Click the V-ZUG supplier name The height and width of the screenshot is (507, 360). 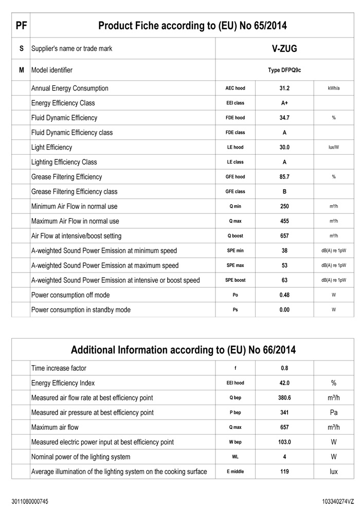point(284,49)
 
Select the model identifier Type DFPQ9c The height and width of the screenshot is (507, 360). point(284,70)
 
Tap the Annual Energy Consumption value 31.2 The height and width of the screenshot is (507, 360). point(284,88)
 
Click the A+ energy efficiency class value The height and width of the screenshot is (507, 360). point(284,103)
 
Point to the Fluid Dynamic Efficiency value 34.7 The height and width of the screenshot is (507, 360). point(284,118)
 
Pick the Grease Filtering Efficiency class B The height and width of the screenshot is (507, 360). point(284,192)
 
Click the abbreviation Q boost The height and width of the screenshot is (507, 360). point(235,236)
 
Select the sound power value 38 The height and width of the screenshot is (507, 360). point(284,251)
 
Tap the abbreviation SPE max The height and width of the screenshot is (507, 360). point(235,266)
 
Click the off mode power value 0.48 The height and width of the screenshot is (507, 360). point(284,295)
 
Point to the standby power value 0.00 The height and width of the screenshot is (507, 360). point(284,310)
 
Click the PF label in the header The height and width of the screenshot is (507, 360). point(21,26)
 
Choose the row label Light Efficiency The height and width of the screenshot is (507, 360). point(52,148)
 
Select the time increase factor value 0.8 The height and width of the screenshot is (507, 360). point(284,368)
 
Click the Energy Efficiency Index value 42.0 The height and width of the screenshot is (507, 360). point(284,383)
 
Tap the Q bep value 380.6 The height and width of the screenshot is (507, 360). point(284,398)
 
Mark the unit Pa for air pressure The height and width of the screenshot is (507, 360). point(334,413)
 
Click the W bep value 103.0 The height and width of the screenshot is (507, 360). point(284,442)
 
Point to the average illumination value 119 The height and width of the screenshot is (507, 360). point(284,472)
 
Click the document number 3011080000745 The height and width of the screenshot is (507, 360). point(30,501)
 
